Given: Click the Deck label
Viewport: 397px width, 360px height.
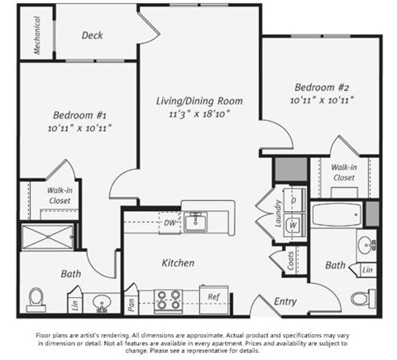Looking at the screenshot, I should [93, 36].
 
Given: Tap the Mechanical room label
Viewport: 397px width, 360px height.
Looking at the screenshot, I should [38, 36].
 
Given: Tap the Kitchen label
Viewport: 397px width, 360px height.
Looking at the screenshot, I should [178, 263].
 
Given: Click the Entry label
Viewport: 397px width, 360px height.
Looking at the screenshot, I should [285, 302].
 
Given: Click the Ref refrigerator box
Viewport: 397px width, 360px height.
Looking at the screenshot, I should [213, 297].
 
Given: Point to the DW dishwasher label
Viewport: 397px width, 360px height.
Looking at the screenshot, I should [169, 222].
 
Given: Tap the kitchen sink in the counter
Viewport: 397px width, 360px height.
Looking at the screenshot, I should [197, 220].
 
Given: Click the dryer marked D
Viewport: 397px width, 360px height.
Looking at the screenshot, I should [294, 201].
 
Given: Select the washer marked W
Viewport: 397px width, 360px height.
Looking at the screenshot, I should [294, 223].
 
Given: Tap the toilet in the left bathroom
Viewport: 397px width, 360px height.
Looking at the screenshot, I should [36, 297].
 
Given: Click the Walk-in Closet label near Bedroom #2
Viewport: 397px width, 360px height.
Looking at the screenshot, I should [344, 171].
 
